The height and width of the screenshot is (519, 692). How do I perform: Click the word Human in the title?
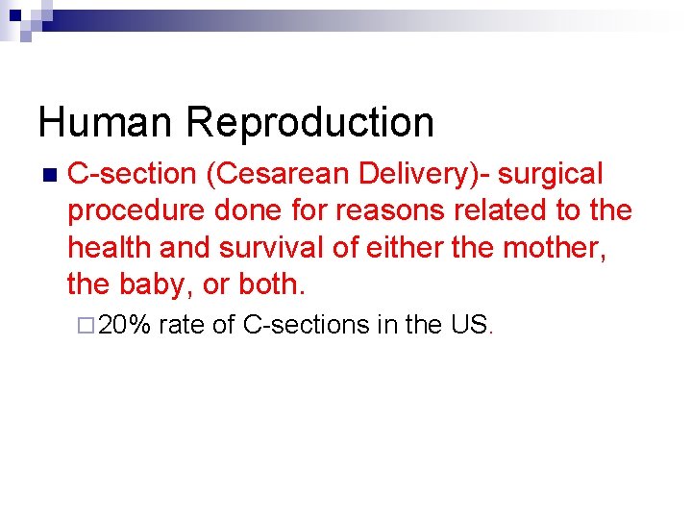106,122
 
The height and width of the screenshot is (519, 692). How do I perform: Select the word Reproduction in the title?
310,122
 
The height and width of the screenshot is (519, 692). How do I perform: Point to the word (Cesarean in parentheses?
276,174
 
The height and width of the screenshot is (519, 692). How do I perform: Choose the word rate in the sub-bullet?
182,325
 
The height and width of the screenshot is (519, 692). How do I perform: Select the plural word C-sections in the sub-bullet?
307,325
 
